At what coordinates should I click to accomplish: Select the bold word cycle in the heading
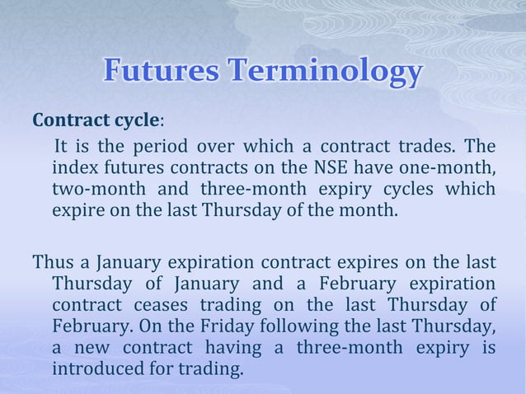click(x=135, y=120)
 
